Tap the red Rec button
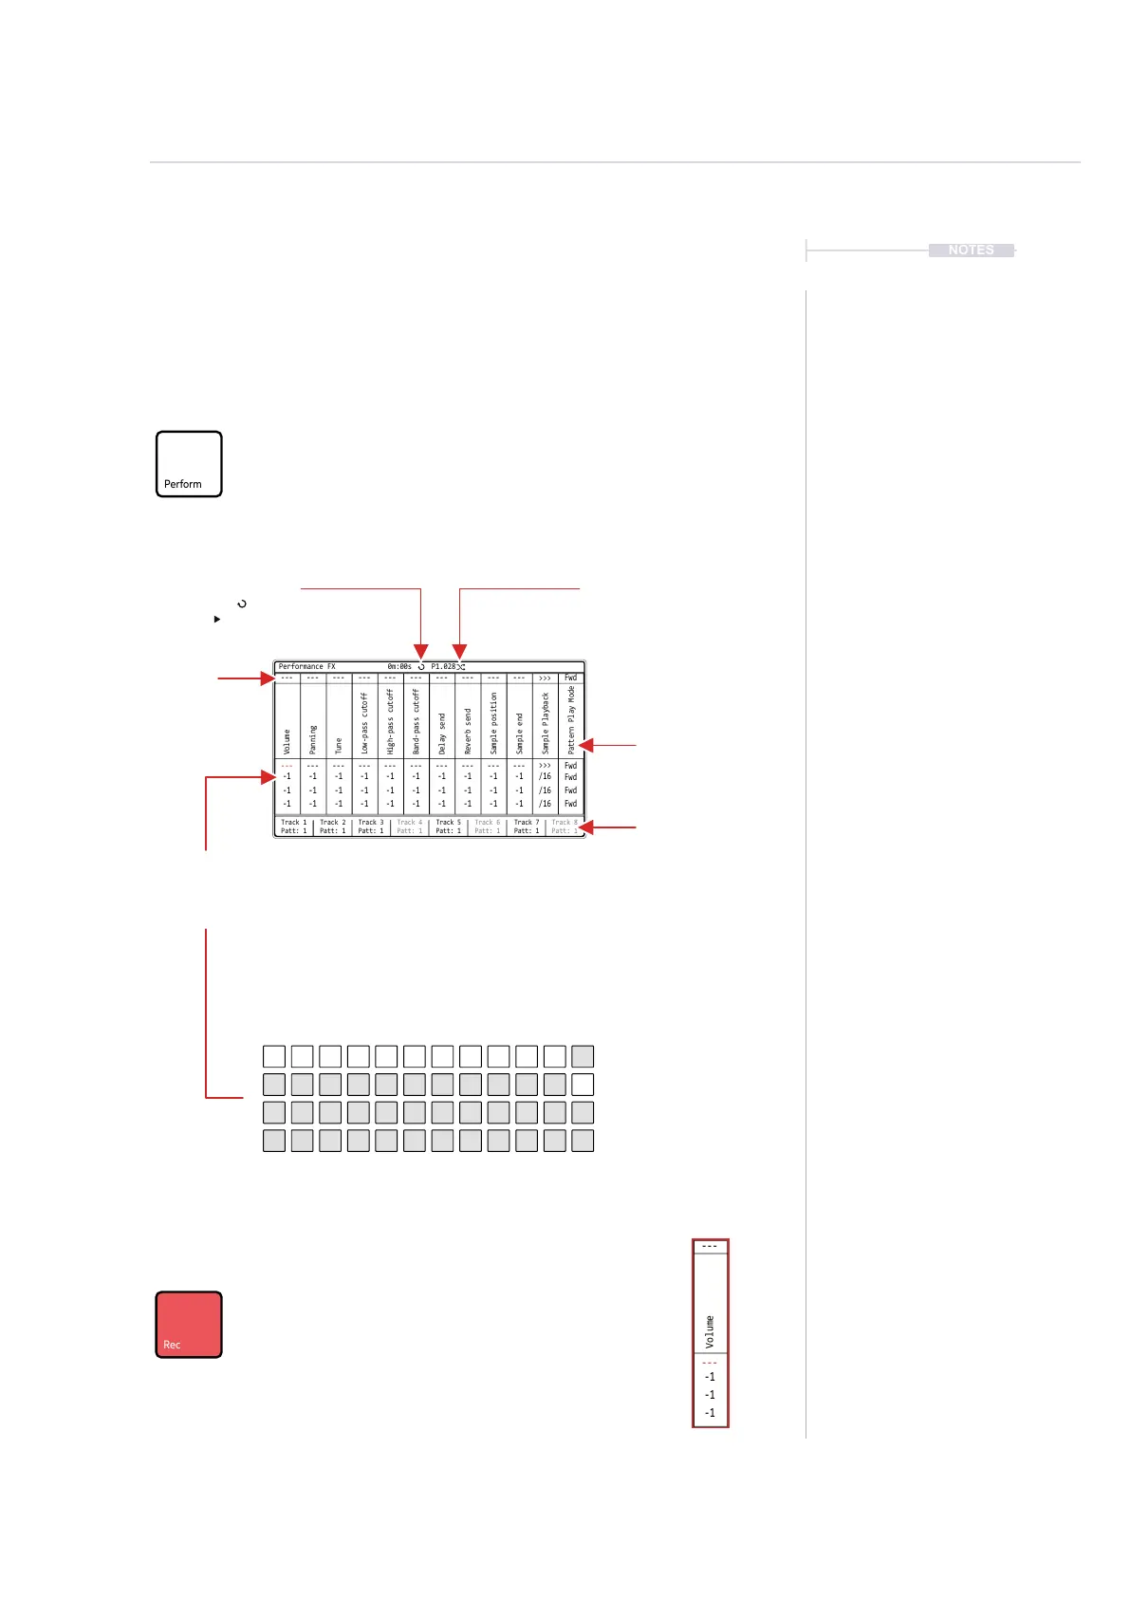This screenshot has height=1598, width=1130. (189, 1324)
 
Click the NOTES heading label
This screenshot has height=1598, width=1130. (971, 250)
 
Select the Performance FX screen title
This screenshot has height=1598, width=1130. (306, 666)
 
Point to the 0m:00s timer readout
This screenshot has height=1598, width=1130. (399, 666)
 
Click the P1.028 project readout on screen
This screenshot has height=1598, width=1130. (443, 666)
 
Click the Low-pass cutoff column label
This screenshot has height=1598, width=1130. (364, 723)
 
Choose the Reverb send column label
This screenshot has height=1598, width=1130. (468, 733)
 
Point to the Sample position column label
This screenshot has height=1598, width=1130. (493, 723)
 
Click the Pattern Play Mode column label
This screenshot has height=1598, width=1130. (571, 719)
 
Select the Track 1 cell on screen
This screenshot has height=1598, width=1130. (293, 827)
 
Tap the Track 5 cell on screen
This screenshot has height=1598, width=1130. (448, 827)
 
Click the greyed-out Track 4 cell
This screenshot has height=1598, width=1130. (409, 827)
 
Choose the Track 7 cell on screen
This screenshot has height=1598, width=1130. (526, 827)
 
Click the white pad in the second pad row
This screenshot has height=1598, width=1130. (583, 1084)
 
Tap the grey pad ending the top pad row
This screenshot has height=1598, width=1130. (583, 1056)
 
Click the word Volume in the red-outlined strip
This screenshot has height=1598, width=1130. (710, 1331)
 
